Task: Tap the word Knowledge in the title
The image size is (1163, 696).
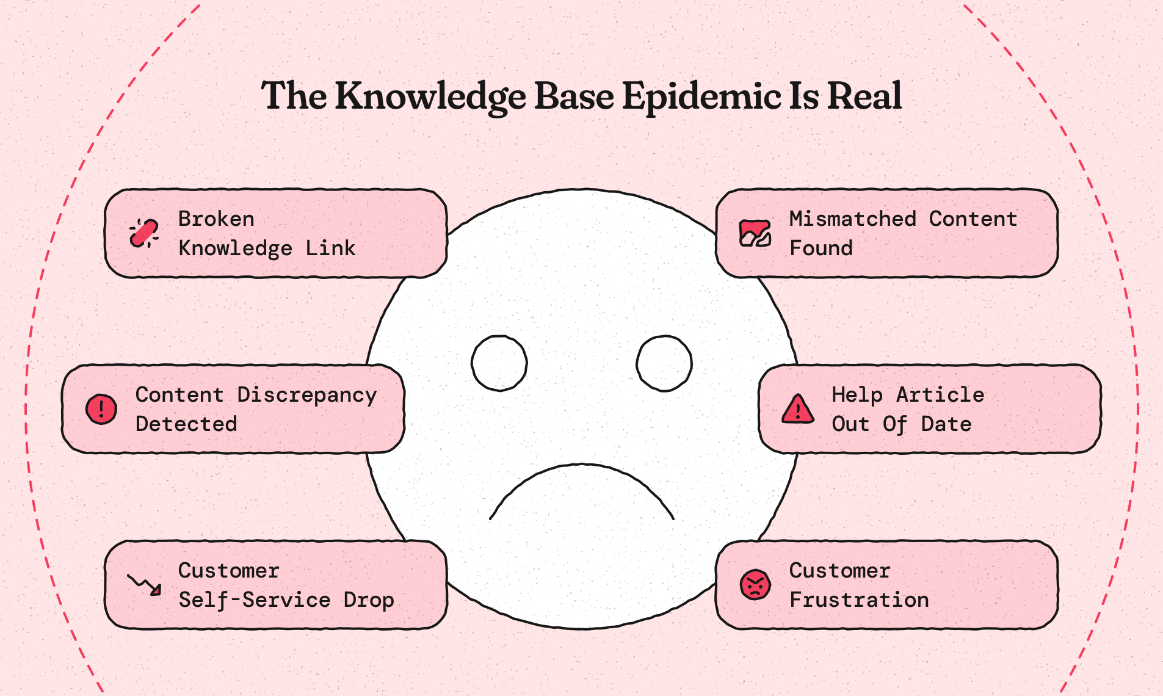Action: [430, 96]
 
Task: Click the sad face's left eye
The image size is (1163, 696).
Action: [499, 363]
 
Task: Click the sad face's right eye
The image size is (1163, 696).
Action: [664, 363]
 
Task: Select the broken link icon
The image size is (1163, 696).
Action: [144, 233]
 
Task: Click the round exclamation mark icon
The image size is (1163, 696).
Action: [101, 409]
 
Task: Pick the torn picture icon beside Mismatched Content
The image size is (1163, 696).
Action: [755, 233]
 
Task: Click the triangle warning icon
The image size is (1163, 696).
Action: [797, 409]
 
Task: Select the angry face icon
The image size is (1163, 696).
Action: [755, 585]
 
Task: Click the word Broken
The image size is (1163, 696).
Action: [216, 219]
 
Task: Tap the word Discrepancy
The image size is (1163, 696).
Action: [306, 396]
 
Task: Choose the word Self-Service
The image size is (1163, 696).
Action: [255, 600]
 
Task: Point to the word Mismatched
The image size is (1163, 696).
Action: [853, 219]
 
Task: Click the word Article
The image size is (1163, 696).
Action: [940, 394]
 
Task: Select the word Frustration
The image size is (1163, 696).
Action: [859, 600]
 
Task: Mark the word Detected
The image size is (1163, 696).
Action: [186, 424]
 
